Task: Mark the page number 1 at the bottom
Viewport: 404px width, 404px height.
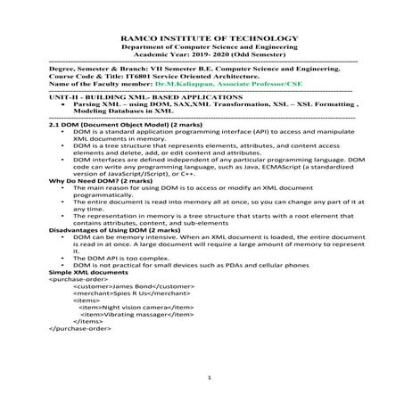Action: [x=206, y=379]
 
